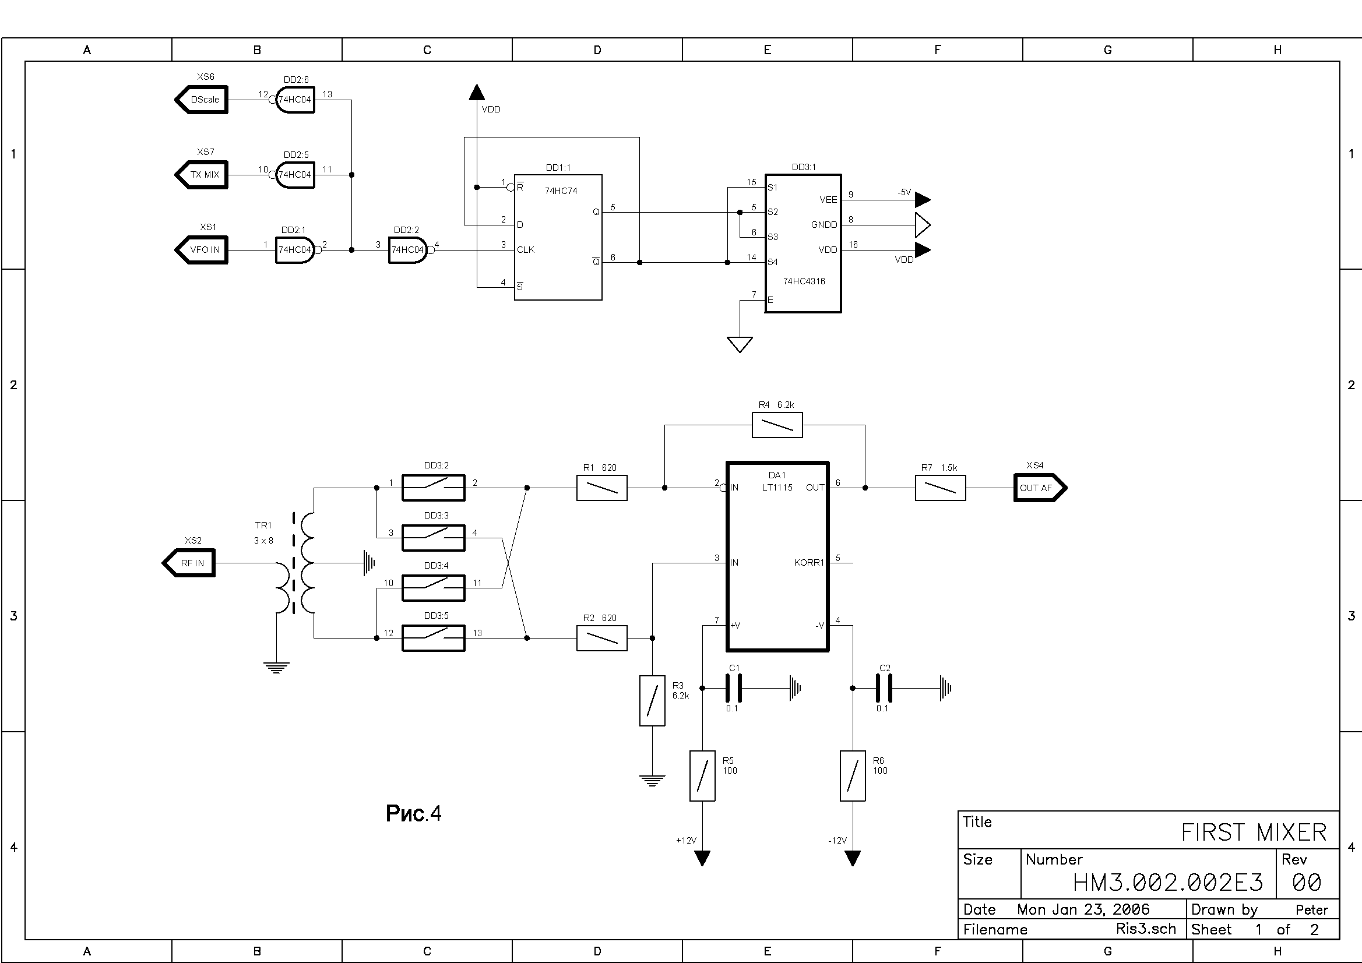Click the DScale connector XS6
[x=202, y=100]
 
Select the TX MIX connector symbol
[x=202, y=175]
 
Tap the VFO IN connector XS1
[x=202, y=250]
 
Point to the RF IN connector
[x=189, y=563]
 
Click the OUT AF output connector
[x=1040, y=488]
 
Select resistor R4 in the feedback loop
[x=777, y=425]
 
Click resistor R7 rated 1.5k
[x=940, y=488]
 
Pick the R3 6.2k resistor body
[x=652, y=701]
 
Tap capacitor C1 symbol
[x=734, y=689]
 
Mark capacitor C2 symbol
[x=884, y=689]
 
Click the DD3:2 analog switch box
[x=434, y=488]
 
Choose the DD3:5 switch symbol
[x=434, y=638]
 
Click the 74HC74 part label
[x=561, y=191]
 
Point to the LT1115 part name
[x=777, y=488]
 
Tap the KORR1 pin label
[x=809, y=563]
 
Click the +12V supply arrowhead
[x=702, y=858]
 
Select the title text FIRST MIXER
[x=1254, y=833]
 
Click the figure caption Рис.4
[x=413, y=813]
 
